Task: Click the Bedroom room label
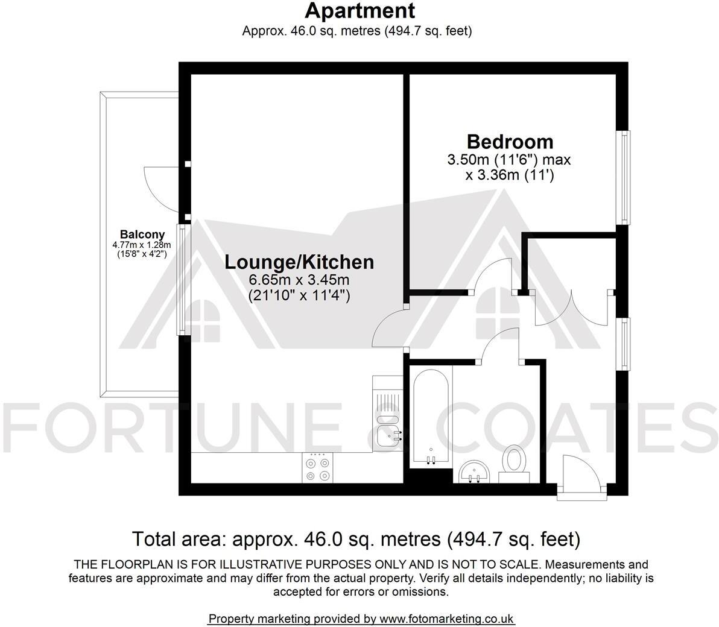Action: click(x=510, y=142)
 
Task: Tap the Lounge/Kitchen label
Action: click(x=299, y=262)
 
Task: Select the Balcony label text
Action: click(x=142, y=234)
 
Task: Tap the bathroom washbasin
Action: click(x=474, y=471)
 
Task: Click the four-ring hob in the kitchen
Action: click(x=318, y=467)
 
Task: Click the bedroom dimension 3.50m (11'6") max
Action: click(x=509, y=160)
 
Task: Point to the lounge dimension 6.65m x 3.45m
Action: click(x=299, y=280)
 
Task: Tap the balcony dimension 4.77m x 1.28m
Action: click(x=142, y=245)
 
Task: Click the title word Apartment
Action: click(x=360, y=10)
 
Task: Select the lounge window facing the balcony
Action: click(x=183, y=279)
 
